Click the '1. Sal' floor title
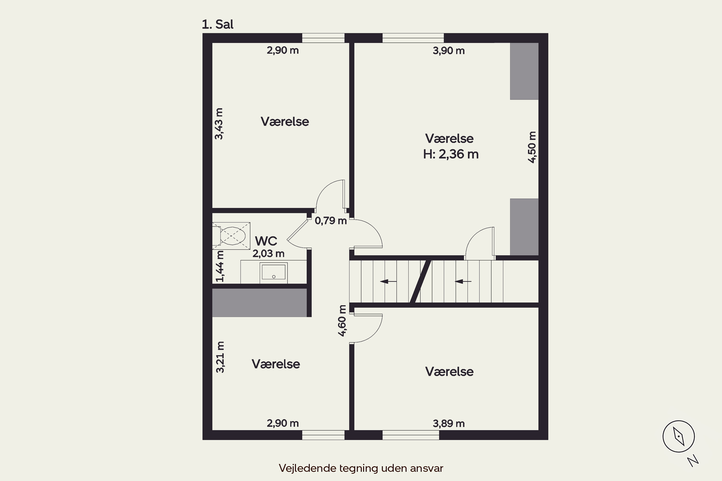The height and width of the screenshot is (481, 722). point(217,24)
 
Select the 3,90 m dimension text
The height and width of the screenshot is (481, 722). point(449,51)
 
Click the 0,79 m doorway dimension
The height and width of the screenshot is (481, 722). point(331,221)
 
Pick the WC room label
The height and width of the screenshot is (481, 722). point(266,241)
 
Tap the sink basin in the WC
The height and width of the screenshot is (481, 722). point(273,272)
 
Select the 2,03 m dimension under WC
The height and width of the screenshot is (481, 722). point(268,254)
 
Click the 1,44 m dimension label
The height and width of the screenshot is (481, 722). point(220,266)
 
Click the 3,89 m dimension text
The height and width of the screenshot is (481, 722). point(449,424)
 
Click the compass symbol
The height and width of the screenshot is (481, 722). point(678,436)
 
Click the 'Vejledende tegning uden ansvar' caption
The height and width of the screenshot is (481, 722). point(361,468)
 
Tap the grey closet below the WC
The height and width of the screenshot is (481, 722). point(259,303)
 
